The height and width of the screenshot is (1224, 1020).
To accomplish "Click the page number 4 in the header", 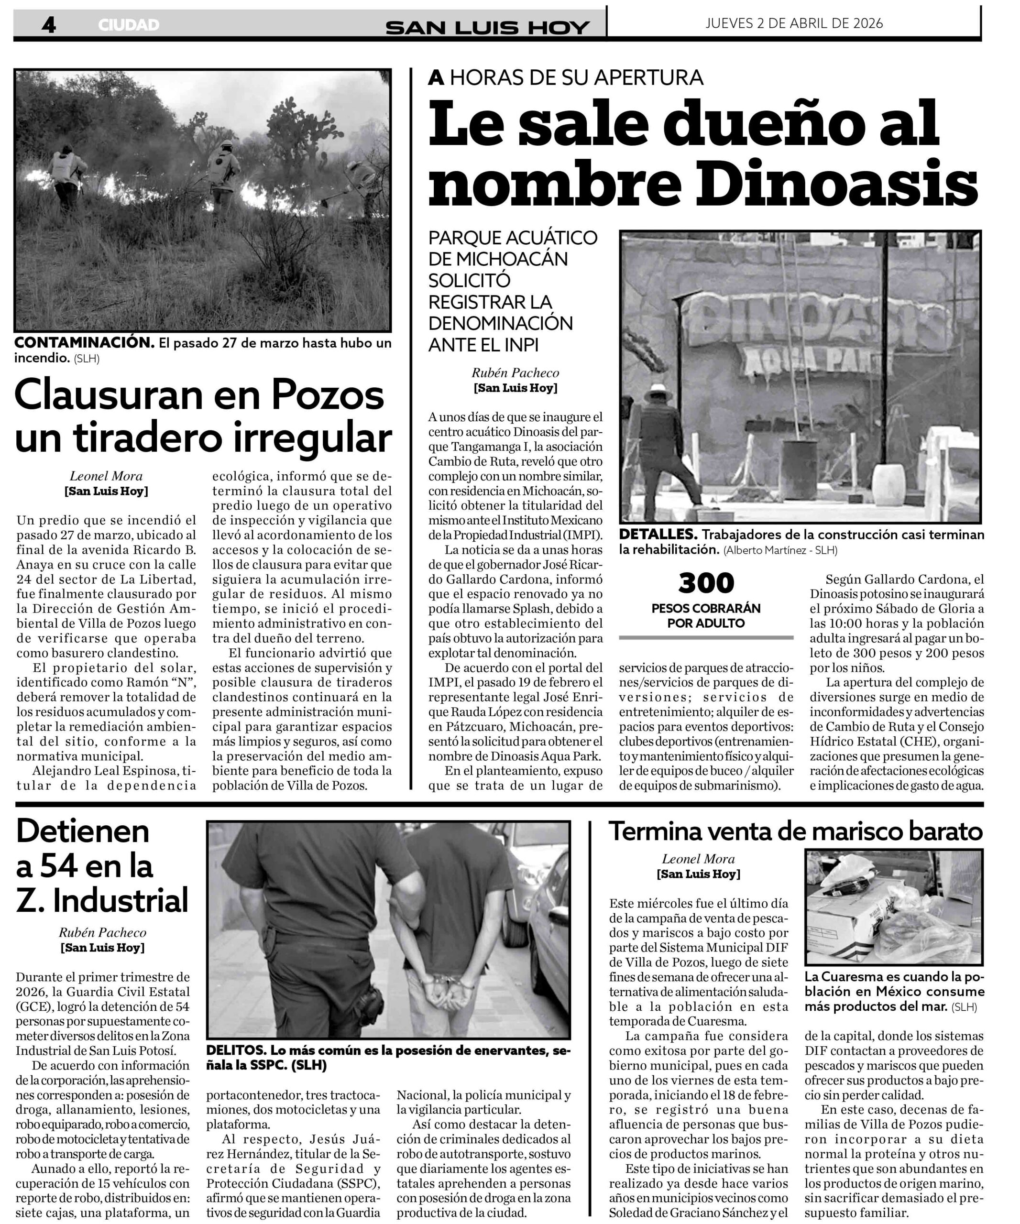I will [49, 24].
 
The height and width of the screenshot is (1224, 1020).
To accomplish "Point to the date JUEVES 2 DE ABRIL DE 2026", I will [794, 23].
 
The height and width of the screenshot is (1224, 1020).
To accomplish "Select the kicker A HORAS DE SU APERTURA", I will [565, 77].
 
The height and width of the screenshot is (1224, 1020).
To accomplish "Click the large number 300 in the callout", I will [706, 583].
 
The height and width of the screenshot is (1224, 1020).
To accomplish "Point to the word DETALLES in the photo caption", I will [658, 535].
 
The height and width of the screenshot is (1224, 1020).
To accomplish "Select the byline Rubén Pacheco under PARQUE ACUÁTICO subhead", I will [515, 372].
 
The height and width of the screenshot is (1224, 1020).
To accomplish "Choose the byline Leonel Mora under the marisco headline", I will [698, 859].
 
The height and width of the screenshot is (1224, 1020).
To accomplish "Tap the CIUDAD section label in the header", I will [128, 25].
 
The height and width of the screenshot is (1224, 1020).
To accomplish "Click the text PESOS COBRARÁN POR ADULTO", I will [706, 615].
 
